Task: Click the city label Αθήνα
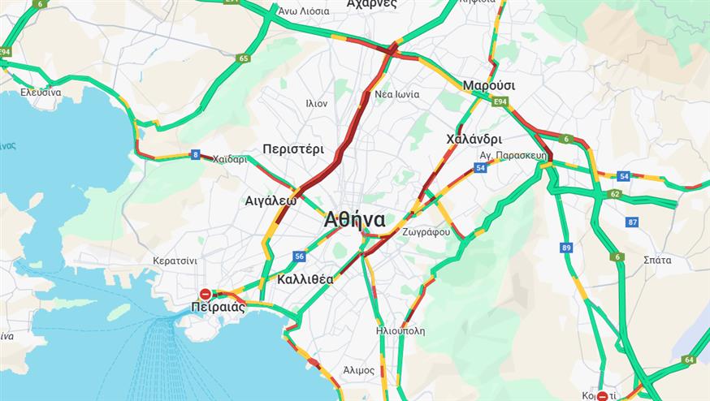click(x=354, y=220)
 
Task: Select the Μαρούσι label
click(x=489, y=85)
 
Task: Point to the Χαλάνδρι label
click(x=474, y=139)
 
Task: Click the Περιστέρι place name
click(x=293, y=149)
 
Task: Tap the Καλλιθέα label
click(x=305, y=278)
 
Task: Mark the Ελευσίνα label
click(x=41, y=92)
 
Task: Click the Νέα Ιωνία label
click(x=396, y=94)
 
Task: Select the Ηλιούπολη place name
click(x=400, y=331)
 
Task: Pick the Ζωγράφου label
click(x=426, y=232)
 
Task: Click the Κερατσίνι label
click(x=175, y=261)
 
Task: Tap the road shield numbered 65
click(x=244, y=58)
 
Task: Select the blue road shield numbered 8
click(x=195, y=154)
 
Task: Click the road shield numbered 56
click(x=299, y=257)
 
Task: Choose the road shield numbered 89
click(x=566, y=248)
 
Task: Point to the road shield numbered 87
click(x=632, y=222)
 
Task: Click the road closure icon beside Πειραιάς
click(x=206, y=294)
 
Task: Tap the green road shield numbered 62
click(x=615, y=194)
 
